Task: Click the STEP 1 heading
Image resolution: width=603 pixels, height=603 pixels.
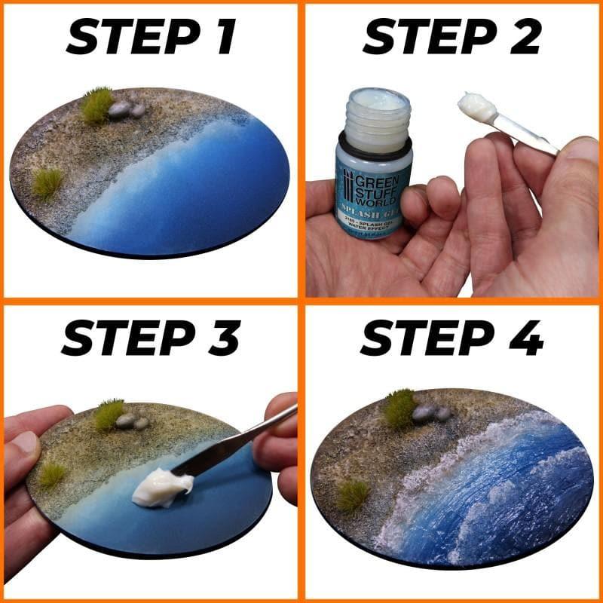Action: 151,38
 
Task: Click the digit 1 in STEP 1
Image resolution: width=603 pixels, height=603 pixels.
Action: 224,38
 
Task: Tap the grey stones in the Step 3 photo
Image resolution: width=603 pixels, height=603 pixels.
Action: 132,421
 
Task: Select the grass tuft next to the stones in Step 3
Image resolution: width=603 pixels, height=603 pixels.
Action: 109,413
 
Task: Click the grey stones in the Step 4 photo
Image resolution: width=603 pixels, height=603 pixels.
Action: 430,412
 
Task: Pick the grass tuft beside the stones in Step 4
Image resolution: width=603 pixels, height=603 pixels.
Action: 399,407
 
